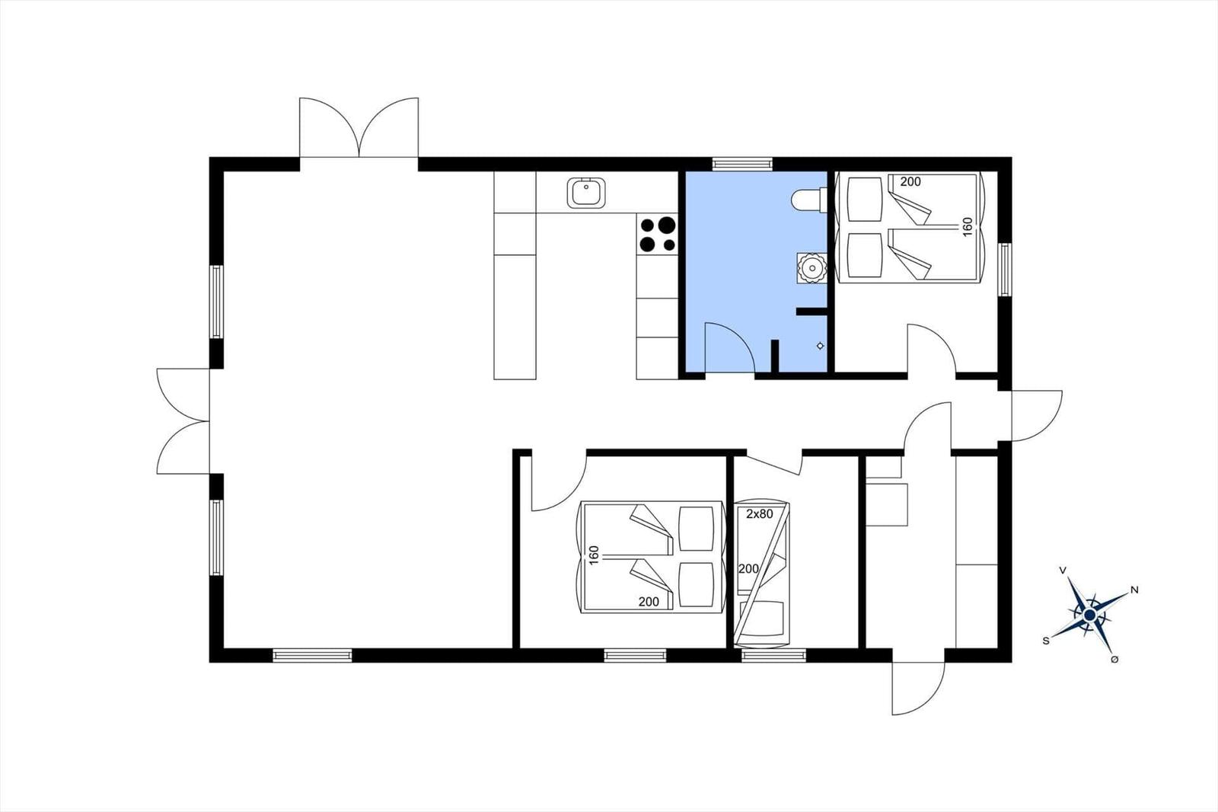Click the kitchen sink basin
click(586, 193)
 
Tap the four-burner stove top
click(658, 235)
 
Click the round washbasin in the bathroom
click(812, 268)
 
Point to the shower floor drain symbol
click(821, 346)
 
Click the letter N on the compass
click(1134, 590)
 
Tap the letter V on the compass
click(1063, 570)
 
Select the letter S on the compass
click(1046, 641)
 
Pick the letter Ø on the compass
click(1114, 660)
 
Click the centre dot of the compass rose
click(1089, 615)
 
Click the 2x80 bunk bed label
click(759, 513)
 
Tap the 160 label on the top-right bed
click(968, 227)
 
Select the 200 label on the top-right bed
click(910, 182)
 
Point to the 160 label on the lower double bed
click(594, 555)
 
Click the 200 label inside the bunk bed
click(748, 569)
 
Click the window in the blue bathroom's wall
click(742, 163)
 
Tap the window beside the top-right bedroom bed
click(1005, 270)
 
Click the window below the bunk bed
click(773, 656)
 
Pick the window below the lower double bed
click(635, 656)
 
